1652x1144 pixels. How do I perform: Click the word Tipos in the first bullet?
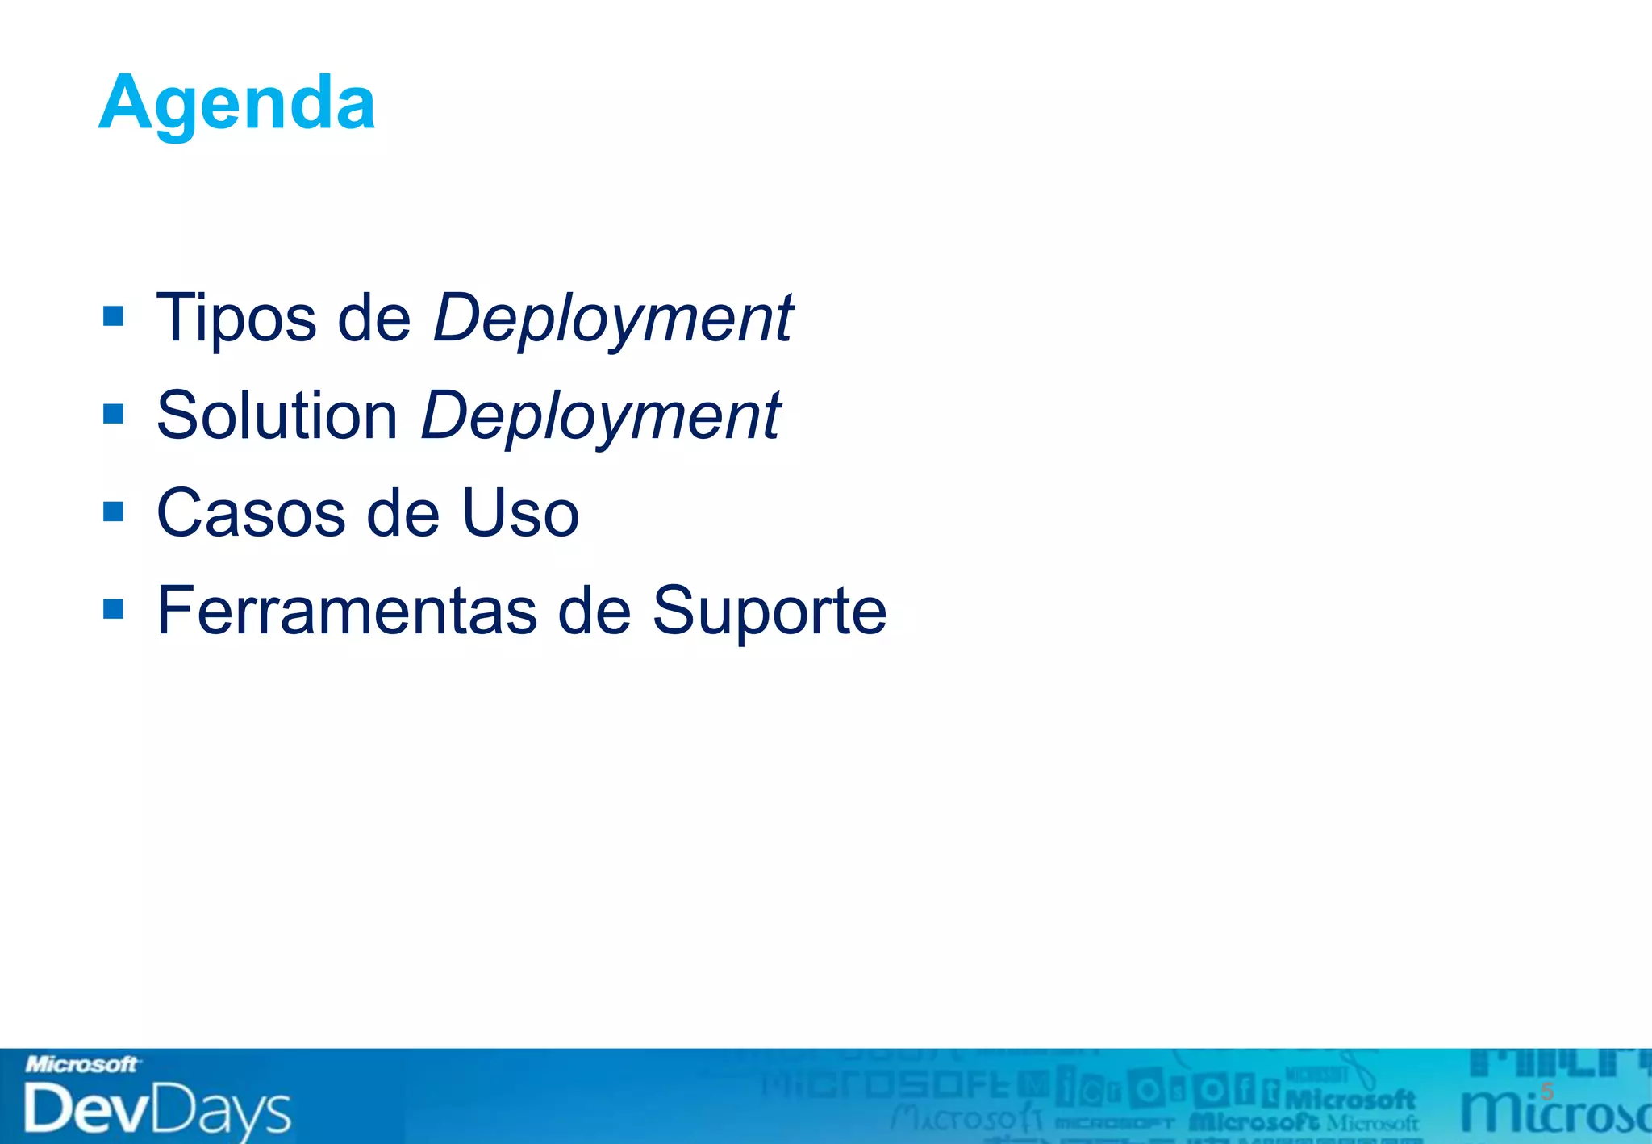pos(236,319)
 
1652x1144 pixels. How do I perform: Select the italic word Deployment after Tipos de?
pos(613,319)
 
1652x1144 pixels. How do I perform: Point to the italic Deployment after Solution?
pos(601,416)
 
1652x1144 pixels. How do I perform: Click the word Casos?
pos(251,513)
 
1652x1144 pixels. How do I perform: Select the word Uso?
pos(520,513)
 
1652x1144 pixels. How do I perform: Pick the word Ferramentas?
pos(347,611)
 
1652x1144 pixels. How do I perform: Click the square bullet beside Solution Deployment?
pos(114,414)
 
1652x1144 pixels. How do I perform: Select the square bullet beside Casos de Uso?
pos(114,511)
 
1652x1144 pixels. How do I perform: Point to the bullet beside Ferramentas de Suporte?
pos(114,609)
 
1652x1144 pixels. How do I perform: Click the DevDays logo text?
pos(157,1110)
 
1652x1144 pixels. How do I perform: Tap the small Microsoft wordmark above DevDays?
pos(81,1065)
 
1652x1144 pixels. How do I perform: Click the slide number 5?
pos(1546,1092)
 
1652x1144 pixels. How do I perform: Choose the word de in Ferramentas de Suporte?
pos(594,611)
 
